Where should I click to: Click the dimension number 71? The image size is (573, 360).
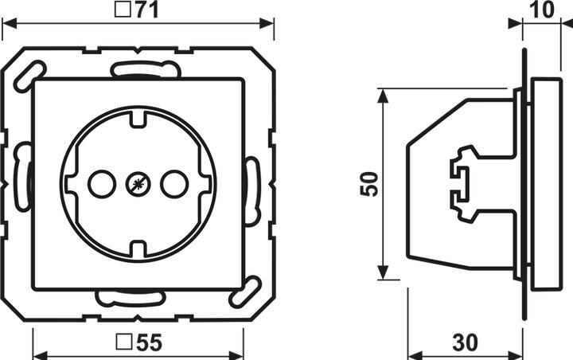click(x=148, y=10)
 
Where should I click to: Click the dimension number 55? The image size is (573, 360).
click(x=149, y=342)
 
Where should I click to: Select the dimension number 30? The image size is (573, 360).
click(x=465, y=342)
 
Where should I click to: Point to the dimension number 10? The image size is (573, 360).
click(x=542, y=10)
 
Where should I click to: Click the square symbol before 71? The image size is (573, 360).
click(x=122, y=10)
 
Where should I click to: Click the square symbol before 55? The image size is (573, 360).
click(x=123, y=342)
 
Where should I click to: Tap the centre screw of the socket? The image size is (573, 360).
click(x=138, y=185)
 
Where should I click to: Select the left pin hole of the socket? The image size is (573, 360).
click(x=102, y=185)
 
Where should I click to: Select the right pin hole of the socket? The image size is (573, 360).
click(x=174, y=185)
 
